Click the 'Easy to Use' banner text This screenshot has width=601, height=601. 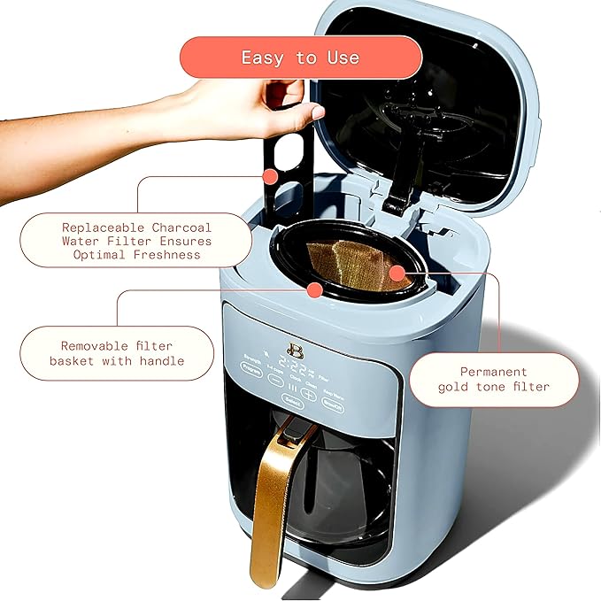click(300, 58)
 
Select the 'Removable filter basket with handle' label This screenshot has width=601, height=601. click(117, 353)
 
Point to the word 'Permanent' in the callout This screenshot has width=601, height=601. click(493, 372)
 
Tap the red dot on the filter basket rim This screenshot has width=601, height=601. click(313, 289)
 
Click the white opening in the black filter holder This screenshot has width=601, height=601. click(285, 154)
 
